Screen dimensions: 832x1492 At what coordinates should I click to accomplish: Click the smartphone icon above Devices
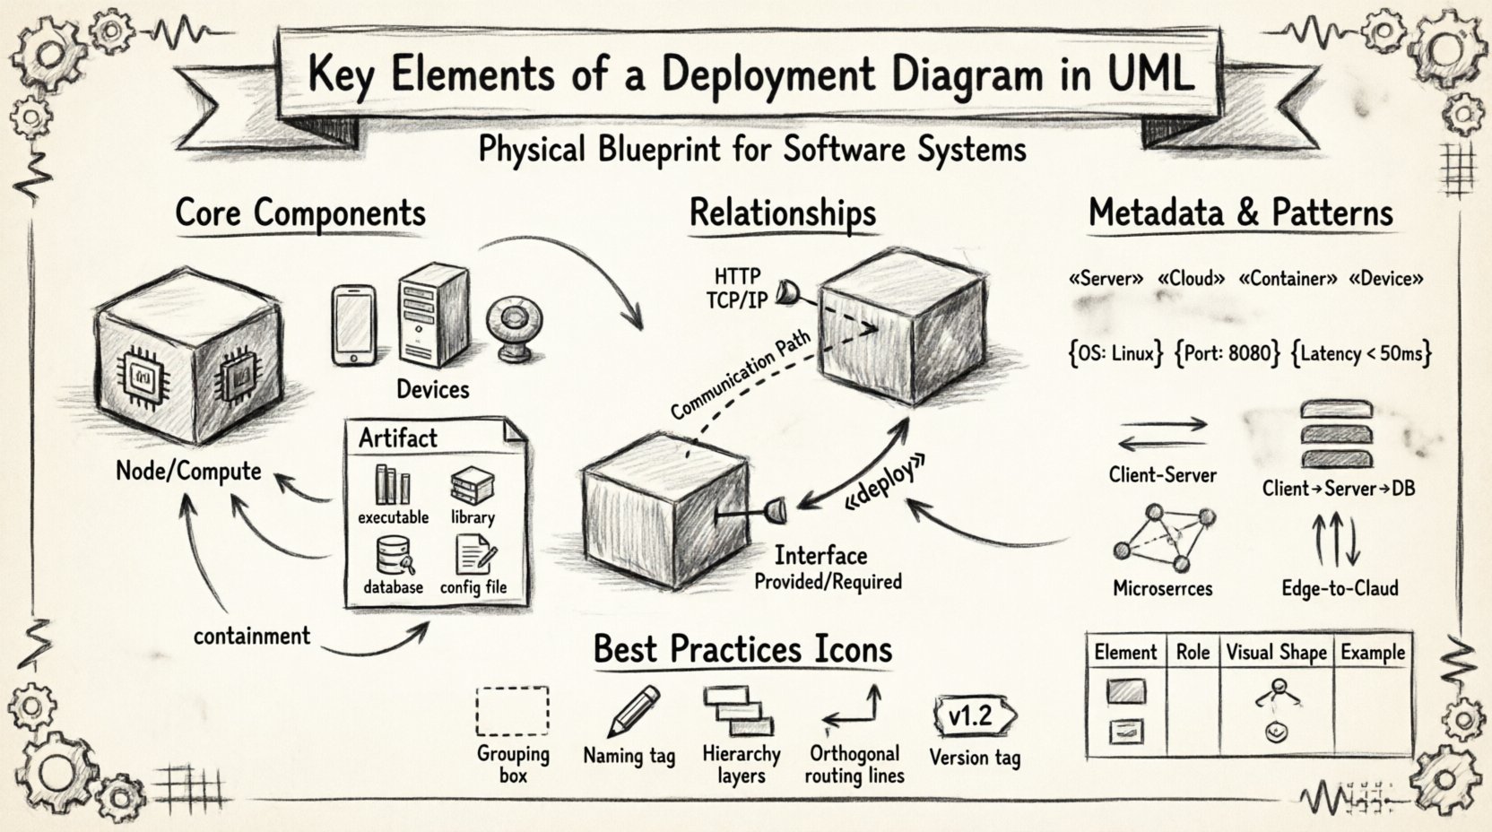point(353,325)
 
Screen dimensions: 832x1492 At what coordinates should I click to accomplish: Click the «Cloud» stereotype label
point(1191,279)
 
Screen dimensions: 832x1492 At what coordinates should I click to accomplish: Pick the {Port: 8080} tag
point(1227,353)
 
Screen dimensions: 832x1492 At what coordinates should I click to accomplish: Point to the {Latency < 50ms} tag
point(1361,353)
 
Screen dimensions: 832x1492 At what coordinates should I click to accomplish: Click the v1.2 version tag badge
point(973,715)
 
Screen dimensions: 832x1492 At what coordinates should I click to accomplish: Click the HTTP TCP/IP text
point(737,288)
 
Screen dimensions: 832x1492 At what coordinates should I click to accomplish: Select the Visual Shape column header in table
point(1275,653)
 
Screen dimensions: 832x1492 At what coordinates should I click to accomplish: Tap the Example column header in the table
point(1372,653)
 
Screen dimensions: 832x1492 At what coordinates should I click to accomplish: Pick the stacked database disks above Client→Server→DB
point(1336,435)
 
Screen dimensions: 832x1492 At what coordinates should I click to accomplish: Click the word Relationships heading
point(782,213)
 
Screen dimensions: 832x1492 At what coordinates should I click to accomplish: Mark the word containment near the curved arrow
point(252,637)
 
